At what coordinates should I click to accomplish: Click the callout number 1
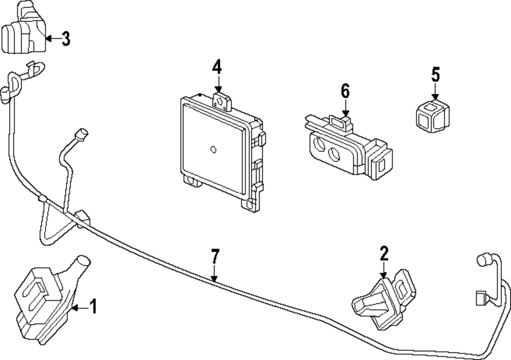click(92, 306)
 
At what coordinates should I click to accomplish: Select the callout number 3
click(65, 38)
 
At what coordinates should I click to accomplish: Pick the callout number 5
click(435, 75)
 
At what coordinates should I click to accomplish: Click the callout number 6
click(345, 92)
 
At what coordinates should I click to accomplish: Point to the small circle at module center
click(213, 149)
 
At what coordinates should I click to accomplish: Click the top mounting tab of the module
click(221, 101)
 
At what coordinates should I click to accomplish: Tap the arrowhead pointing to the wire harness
click(215, 278)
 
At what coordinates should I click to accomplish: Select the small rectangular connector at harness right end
click(481, 298)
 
